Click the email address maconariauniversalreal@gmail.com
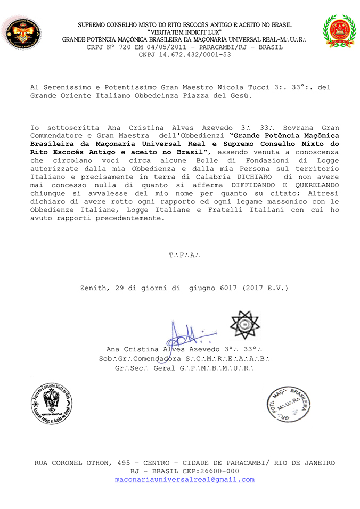[x=185, y=480]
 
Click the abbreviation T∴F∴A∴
[x=184, y=255]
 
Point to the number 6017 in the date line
[x=228, y=288]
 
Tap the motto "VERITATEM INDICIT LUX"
[x=185, y=32]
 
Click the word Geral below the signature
[x=164, y=368]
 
